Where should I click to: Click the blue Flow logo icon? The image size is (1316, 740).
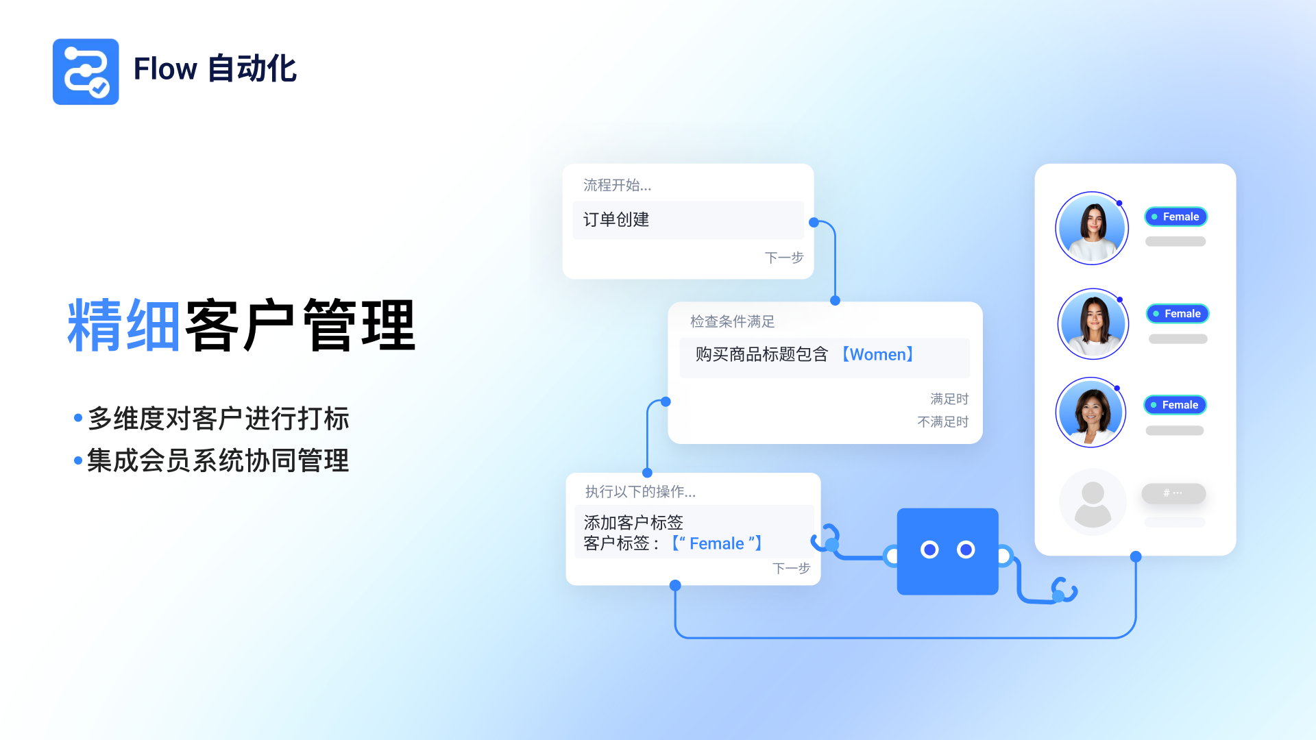86,72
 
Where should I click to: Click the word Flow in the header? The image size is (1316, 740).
165,69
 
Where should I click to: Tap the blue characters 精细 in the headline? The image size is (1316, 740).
123,325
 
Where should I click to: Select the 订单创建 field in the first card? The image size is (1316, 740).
687,220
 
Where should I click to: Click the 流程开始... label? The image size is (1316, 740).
617,185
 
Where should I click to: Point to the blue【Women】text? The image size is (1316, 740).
877,355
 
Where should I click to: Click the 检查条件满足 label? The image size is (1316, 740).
732,321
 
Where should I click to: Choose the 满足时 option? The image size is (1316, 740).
949,399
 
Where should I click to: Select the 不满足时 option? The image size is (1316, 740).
943,421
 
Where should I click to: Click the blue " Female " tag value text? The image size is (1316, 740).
717,543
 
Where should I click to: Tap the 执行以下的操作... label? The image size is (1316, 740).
640,491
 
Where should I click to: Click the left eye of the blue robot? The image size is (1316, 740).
929,550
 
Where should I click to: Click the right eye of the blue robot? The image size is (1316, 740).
966,550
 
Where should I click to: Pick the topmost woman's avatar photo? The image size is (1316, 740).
1092,228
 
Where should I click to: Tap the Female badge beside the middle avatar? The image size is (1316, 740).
1178,314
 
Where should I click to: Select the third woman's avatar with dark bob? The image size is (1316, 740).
1091,412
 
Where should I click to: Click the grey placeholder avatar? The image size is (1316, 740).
1093,502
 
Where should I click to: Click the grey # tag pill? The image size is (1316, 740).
1173,493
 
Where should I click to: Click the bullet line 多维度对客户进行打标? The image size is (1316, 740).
218,419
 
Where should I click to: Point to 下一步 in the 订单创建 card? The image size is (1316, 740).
783,258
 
